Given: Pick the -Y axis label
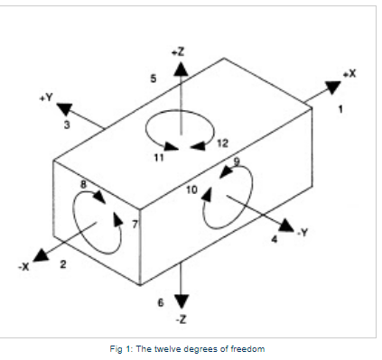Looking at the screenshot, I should pyautogui.click(x=304, y=233).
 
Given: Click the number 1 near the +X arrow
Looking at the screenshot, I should pyautogui.click(x=340, y=109).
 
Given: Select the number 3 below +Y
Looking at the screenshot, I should pyautogui.click(x=67, y=125).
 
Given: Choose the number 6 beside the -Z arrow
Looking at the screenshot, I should pyautogui.click(x=161, y=301).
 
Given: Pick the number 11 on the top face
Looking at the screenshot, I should pyautogui.click(x=159, y=158).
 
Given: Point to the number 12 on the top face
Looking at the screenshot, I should pyautogui.click(x=223, y=143).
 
